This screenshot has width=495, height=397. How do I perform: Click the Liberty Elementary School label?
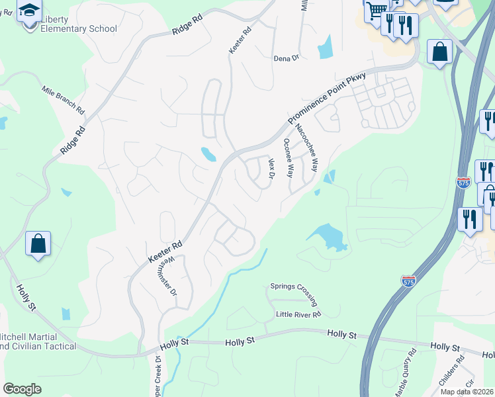click(x=78, y=24)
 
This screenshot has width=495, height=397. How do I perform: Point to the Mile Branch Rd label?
click(x=64, y=100)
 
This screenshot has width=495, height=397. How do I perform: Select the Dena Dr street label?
click(x=287, y=58)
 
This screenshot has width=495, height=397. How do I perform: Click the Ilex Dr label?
click(x=270, y=167)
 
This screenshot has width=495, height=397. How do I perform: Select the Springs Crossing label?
click(x=294, y=287)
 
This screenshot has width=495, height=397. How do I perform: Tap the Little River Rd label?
click(x=298, y=314)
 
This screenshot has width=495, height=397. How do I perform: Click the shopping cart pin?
click(x=376, y=11)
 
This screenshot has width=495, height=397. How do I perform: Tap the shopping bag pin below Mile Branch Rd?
click(x=38, y=243)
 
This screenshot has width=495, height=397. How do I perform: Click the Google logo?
click(x=22, y=389)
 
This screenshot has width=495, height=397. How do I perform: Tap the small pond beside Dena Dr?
click(x=325, y=46)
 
